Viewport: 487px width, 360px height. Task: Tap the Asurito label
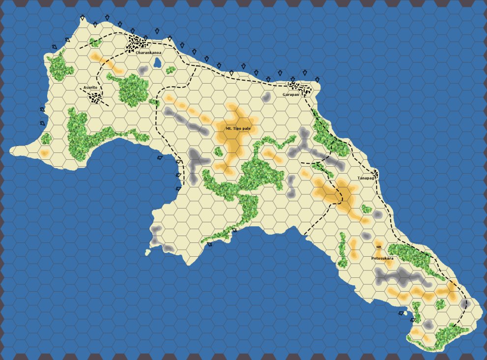89,88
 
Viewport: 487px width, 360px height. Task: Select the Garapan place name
290,94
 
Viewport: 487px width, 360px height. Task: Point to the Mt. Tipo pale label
238,128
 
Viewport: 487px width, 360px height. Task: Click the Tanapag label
366,178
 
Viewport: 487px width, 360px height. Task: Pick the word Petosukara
382,258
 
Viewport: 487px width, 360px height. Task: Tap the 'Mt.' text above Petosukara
379,247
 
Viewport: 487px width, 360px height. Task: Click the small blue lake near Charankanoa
158,62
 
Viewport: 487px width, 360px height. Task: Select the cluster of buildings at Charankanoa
136,42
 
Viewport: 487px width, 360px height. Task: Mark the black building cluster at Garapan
300,88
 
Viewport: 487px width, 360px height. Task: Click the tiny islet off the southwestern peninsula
147,253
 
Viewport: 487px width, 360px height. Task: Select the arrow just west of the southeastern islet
401,313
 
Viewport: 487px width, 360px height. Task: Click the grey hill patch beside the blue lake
143,70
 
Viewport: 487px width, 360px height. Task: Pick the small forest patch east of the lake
171,70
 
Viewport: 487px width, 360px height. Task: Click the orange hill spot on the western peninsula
44,153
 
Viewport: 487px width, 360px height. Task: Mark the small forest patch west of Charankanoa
95,43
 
